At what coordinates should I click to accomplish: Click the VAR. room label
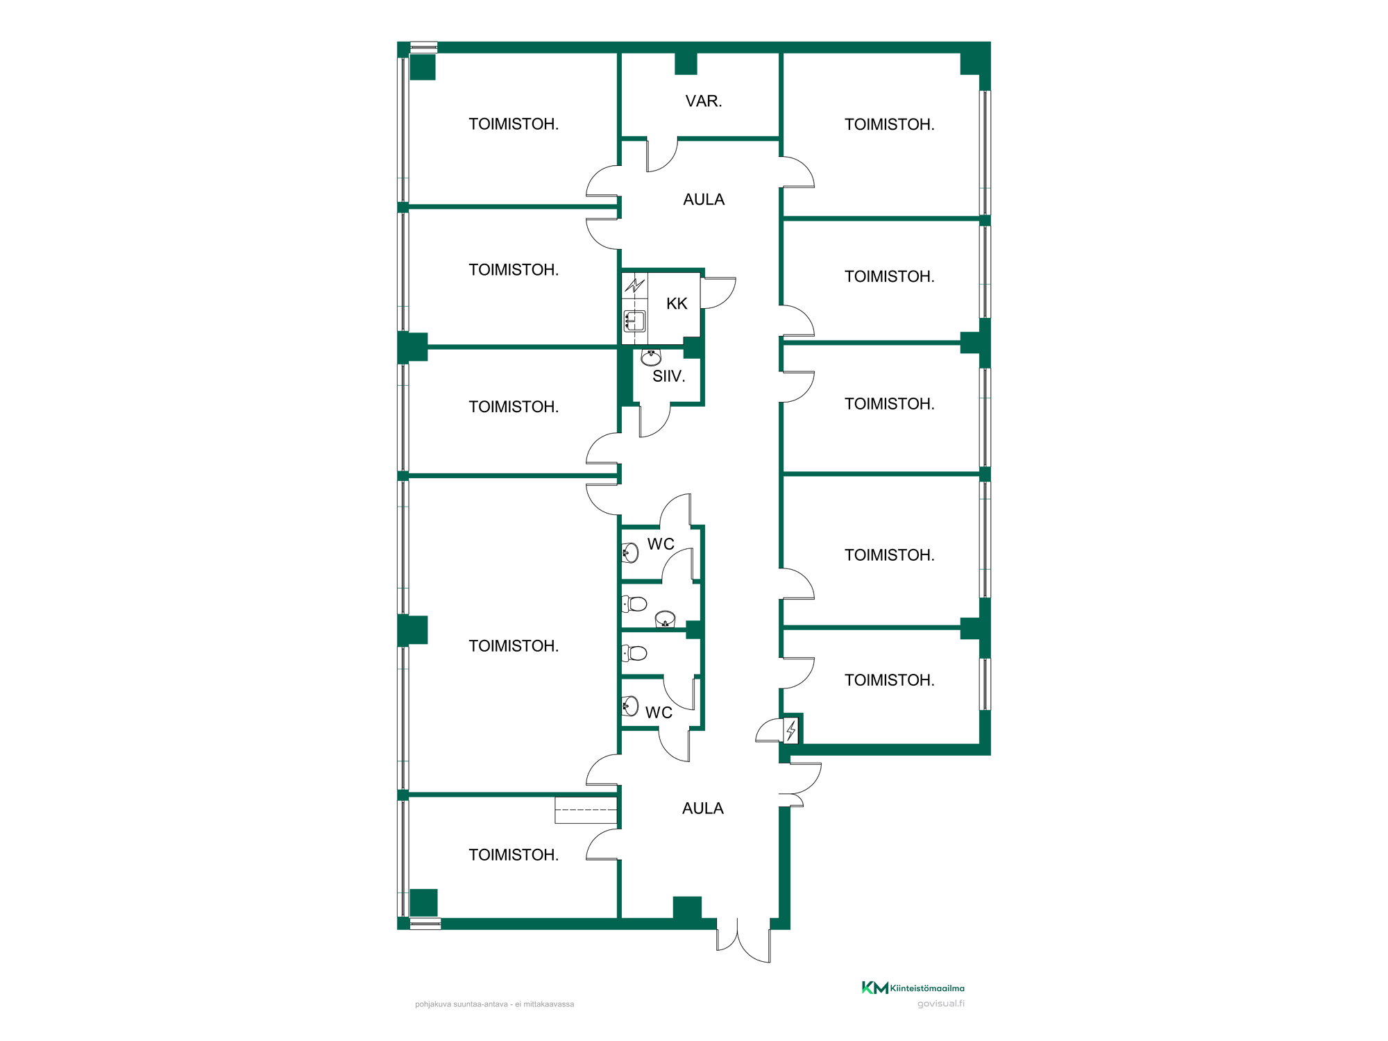704,101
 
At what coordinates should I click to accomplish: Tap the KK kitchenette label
677,303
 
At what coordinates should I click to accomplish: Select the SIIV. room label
669,376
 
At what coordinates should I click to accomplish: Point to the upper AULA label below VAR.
704,200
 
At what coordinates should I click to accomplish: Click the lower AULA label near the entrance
703,809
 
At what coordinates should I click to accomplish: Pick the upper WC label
661,544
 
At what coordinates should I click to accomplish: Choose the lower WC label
659,713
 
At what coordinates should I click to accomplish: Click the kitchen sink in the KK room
635,321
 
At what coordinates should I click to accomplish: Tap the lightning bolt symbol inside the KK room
634,285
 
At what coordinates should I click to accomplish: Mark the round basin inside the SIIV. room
651,357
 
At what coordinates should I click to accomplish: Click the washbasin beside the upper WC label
630,553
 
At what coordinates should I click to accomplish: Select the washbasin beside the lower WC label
630,706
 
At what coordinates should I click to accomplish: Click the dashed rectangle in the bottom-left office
586,811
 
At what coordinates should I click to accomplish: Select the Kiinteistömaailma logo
913,988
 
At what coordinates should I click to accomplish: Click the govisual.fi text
941,1004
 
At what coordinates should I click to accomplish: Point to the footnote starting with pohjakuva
495,1004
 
